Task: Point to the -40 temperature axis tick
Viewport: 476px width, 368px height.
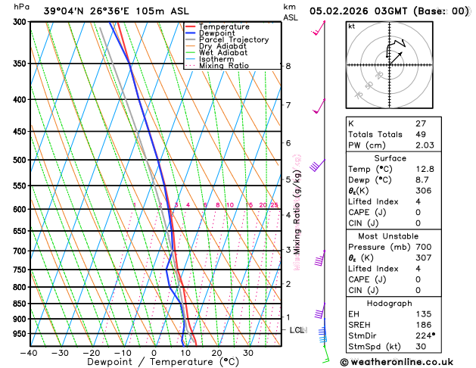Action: [x=28, y=353]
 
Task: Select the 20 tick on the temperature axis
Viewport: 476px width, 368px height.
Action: [x=216, y=353]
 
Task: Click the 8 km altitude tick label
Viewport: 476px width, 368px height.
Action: [x=288, y=67]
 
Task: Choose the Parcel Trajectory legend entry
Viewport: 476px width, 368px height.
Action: [x=237, y=40]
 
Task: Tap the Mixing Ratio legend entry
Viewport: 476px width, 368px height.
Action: [x=224, y=66]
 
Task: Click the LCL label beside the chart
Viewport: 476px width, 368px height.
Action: [x=297, y=331]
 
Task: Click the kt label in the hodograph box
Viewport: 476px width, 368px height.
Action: [x=352, y=26]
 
